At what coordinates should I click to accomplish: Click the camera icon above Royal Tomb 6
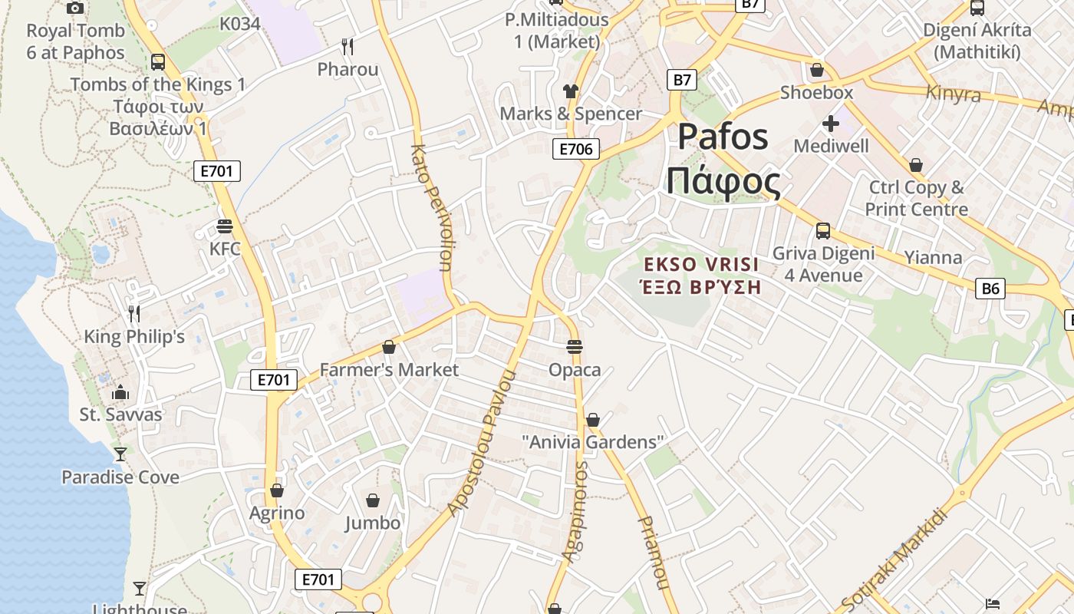(74, 8)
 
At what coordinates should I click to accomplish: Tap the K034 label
(240, 24)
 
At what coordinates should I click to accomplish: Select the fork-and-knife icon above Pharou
(348, 47)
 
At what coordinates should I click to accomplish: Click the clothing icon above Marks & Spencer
(570, 91)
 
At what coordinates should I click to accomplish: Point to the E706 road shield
(575, 149)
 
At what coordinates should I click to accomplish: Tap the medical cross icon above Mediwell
(831, 123)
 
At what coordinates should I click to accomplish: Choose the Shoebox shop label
(816, 93)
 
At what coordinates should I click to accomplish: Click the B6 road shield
(991, 289)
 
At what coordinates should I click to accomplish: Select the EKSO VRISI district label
(701, 276)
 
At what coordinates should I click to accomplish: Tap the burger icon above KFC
(225, 226)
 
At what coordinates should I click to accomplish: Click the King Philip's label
(134, 337)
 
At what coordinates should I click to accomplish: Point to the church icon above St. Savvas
(120, 393)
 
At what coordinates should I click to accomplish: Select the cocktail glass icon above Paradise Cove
(120, 454)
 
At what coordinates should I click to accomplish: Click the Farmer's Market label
(389, 370)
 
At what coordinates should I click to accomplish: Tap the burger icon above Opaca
(575, 347)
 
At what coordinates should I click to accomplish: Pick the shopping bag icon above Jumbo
(373, 501)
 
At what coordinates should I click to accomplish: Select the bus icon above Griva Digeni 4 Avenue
(823, 230)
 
